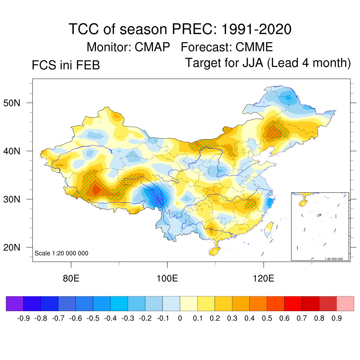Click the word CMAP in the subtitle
click(153, 47)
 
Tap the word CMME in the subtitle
click(254, 47)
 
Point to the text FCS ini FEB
click(66, 65)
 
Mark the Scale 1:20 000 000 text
click(62, 253)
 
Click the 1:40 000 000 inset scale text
click(336, 259)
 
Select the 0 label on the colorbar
click(180, 319)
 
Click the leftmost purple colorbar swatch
click(15, 303)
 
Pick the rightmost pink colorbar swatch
click(345, 303)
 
